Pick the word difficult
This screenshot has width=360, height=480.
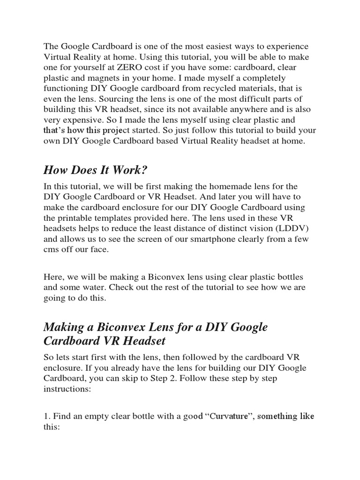[262, 98]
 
